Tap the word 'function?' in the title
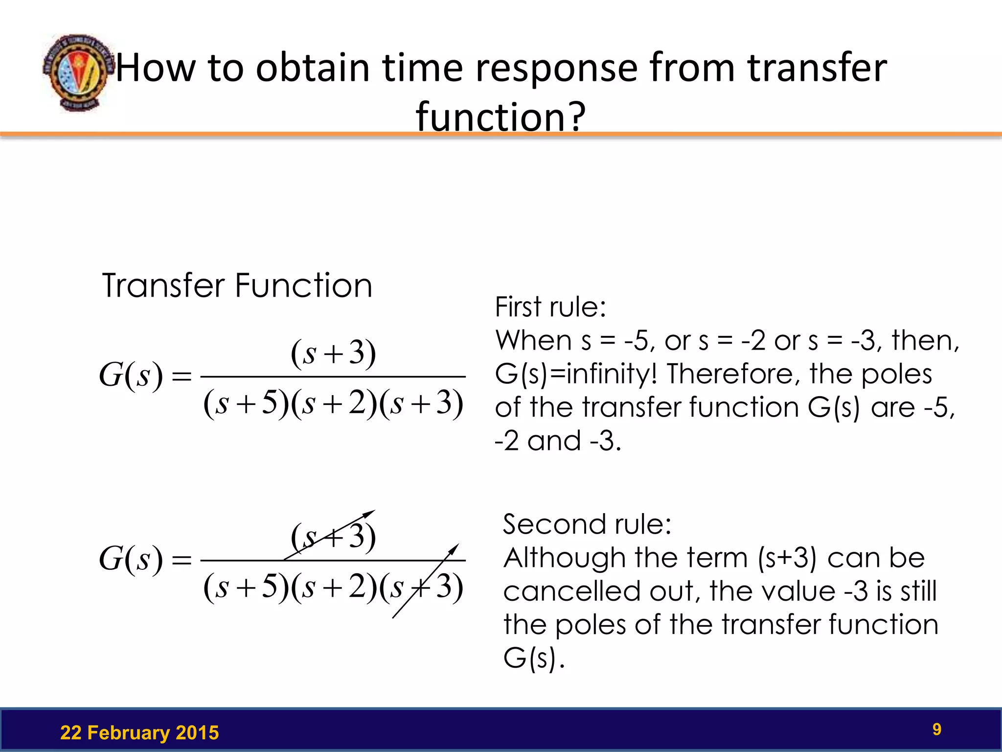point(501,117)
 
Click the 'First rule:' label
point(550,307)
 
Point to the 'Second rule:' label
point(587,524)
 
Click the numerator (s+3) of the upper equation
point(333,353)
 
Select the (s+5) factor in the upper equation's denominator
point(246,404)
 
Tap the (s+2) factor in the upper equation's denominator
point(334,404)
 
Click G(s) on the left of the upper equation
point(131,376)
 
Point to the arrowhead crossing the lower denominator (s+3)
point(455,548)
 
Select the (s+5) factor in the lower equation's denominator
point(246,587)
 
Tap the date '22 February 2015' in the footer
point(139,733)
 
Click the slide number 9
point(936,729)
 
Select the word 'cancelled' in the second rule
point(571,591)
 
